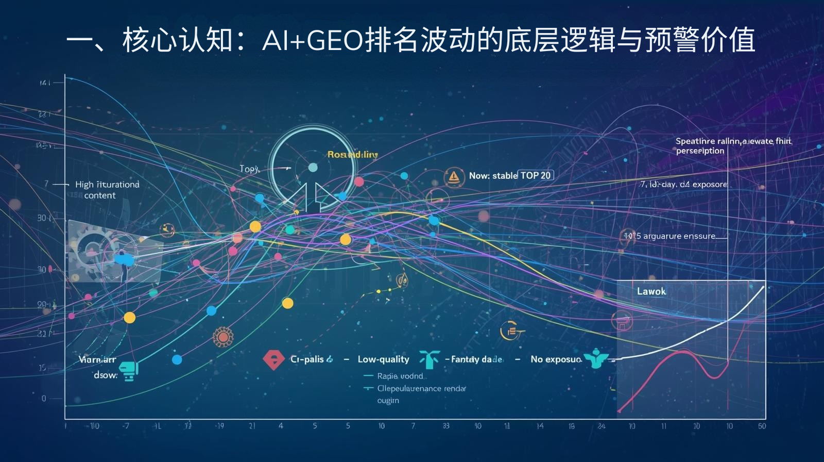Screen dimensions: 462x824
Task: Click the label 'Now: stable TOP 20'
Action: [x=509, y=175]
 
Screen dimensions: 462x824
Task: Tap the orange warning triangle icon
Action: [x=453, y=177]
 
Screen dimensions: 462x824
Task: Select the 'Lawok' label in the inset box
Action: [x=651, y=291]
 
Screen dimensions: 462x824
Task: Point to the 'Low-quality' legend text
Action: [x=383, y=359]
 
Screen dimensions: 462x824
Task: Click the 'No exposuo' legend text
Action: [x=556, y=359]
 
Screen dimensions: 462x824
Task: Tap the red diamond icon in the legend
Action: [x=273, y=359]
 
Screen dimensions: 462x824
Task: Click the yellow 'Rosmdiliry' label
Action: [x=352, y=154]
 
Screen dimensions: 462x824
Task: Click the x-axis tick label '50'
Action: [x=762, y=426]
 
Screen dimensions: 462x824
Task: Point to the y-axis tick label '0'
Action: [x=44, y=398]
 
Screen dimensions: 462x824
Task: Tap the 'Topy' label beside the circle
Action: [x=249, y=169]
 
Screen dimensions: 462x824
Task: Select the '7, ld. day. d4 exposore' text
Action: [x=683, y=184]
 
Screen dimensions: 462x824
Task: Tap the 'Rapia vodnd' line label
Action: [x=400, y=376]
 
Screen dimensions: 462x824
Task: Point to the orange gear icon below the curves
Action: [x=223, y=337]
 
